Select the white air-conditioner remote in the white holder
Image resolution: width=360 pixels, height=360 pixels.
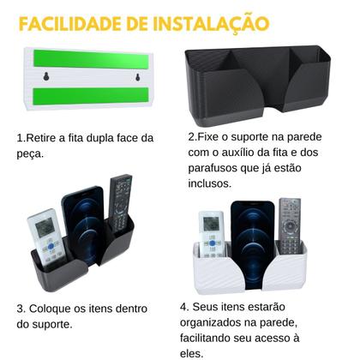[210, 233]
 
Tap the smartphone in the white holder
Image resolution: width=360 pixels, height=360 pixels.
[252, 227]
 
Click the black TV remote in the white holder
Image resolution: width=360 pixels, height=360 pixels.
[291, 225]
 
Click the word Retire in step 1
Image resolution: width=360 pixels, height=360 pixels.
[43, 137]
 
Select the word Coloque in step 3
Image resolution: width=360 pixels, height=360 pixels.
[57, 309]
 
